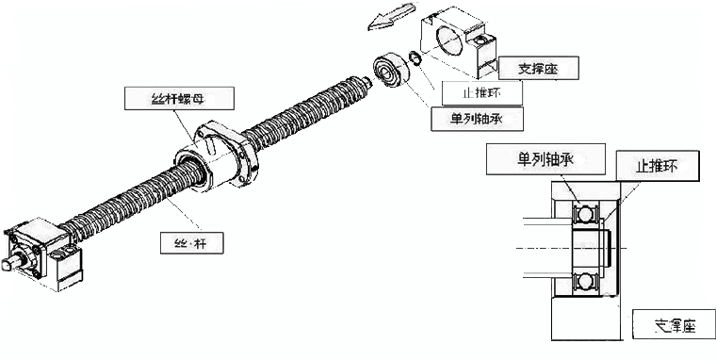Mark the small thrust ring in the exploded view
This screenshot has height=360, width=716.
tap(415, 62)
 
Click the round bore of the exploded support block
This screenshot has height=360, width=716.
tap(449, 39)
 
